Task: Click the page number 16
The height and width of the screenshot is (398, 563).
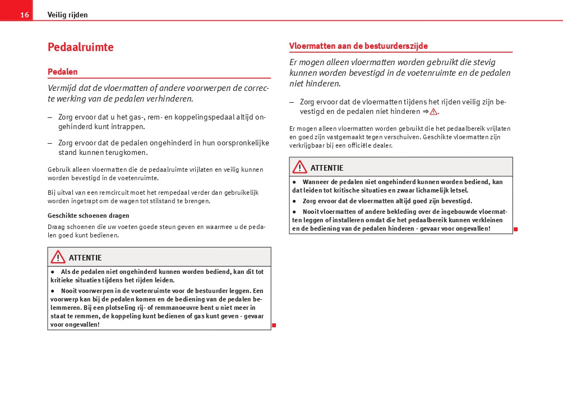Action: pyautogui.click(x=24, y=15)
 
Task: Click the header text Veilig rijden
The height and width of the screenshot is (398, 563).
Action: pyautogui.click(x=67, y=15)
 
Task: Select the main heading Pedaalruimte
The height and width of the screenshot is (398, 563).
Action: pyautogui.click(x=81, y=47)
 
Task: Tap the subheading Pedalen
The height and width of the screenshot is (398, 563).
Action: pyautogui.click(x=63, y=72)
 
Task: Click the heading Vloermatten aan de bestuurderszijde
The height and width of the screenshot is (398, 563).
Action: pyautogui.click(x=358, y=46)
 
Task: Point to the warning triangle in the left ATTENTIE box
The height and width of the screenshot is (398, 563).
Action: pyautogui.click(x=58, y=257)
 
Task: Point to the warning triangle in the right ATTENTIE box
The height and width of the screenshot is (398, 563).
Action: pyautogui.click(x=299, y=167)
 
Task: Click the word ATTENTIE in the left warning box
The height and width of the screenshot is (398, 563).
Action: pyautogui.click(x=85, y=258)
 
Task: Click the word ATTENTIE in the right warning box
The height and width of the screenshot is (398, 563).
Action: pyautogui.click(x=327, y=168)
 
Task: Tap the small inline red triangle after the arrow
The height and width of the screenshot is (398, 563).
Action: pyautogui.click(x=433, y=112)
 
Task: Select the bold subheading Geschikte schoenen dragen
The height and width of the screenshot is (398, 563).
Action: pyautogui.click(x=89, y=216)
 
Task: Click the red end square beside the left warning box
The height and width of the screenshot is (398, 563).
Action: pyautogui.click(x=274, y=325)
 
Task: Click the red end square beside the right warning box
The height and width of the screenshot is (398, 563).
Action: pyautogui.click(x=515, y=229)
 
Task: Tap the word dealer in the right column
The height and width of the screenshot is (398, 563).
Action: pyautogui.click(x=382, y=145)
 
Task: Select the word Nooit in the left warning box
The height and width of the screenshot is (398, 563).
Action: pyautogui.click(x=70, y=291)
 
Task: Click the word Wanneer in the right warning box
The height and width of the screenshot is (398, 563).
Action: pyautogui.click(x=317, y=182)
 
